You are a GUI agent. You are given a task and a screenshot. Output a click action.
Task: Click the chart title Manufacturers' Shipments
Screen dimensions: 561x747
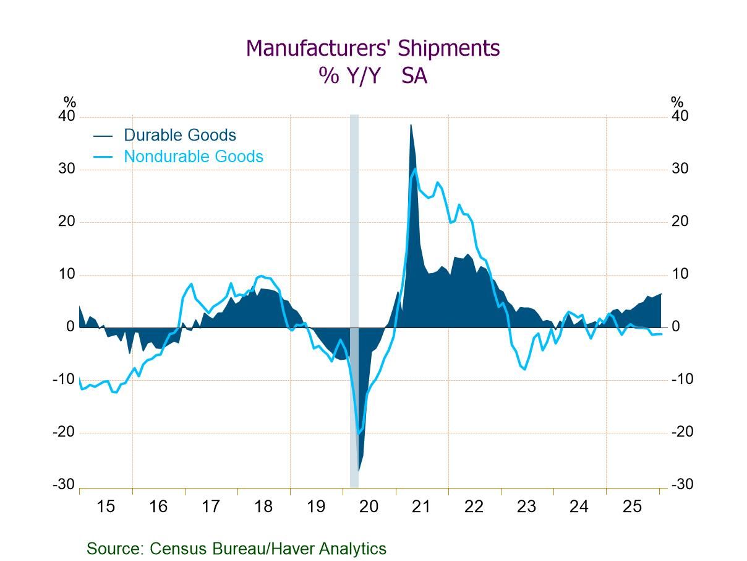[x=373, y=48]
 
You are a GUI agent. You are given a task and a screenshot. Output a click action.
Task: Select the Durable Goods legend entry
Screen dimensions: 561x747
[x=179, y=135]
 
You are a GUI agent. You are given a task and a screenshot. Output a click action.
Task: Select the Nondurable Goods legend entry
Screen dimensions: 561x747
[x=193, y=157]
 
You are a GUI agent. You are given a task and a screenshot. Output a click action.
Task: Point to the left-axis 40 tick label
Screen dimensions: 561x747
[x=67, y=116]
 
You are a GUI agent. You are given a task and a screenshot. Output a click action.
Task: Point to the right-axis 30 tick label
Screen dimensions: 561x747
[x=680, y=169]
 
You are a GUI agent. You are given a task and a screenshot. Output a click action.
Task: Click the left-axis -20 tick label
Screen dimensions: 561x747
[x=64, y=432]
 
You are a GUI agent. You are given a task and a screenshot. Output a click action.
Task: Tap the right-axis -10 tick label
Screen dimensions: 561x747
[x=682, y=380]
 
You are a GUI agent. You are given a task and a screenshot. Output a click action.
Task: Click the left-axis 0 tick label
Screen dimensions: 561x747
[x=70, y=327]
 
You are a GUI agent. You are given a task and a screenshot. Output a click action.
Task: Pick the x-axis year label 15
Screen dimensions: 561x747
[x=106, y=507]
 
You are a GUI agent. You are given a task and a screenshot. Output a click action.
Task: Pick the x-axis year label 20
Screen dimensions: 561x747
[x=369, y=507]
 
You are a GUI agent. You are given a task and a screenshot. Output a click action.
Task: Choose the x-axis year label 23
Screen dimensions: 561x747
[x=526, y=507]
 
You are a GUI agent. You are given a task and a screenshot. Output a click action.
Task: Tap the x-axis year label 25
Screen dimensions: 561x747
[x=632, y=507]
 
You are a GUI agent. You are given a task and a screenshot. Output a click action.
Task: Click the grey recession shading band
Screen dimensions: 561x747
[x=354, y=248]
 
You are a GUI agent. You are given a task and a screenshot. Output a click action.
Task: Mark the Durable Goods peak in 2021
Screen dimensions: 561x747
[x=411, y=125]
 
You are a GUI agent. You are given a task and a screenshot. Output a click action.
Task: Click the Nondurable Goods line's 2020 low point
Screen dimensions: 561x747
[x=359, y=433]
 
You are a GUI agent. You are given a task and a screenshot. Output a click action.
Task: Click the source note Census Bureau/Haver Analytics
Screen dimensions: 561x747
[x=236, y=549]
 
